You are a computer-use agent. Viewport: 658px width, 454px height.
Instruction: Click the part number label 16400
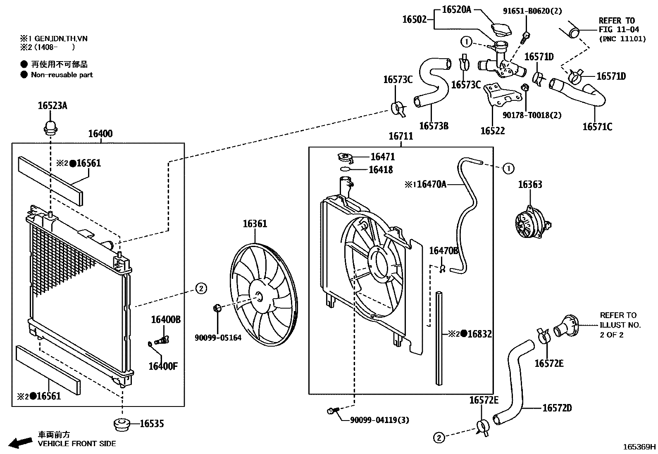[100, 134]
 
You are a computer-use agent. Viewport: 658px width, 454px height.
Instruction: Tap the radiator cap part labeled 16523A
[50, 126]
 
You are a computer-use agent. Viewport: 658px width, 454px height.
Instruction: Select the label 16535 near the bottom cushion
[152, 423]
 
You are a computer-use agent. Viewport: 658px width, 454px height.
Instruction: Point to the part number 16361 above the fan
[255, 224]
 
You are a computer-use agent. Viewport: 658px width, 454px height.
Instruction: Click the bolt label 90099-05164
[218, 338]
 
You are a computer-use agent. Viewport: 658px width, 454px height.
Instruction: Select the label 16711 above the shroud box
[401, 136]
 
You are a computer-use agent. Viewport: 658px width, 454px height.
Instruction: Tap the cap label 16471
[382, 157]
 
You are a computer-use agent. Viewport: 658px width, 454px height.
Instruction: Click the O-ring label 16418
[381, 169]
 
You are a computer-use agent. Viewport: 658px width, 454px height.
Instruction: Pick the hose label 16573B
[434, 126]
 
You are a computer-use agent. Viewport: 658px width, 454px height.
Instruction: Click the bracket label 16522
[492, 131]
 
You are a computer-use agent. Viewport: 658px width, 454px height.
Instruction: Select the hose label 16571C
[597, 127]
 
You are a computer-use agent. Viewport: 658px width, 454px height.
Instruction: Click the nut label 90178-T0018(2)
[532, 115]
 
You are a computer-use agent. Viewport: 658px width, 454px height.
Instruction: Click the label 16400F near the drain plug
[163, 366]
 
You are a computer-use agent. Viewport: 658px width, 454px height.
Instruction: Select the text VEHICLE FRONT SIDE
[77, 444]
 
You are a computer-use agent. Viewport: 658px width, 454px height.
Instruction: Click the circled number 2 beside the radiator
[200, 288]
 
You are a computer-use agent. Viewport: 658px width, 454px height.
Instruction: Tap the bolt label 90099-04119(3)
[379, 420]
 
